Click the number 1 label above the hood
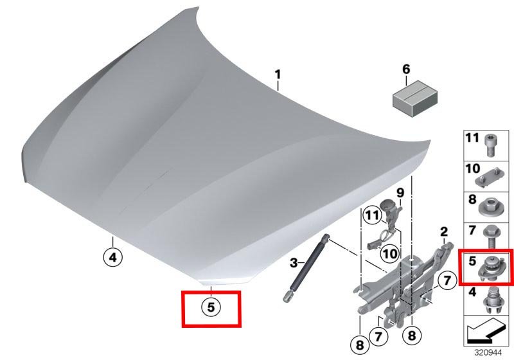pos(278,75)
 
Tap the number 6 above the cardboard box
pos(406,69)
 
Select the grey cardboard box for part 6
pos(415,98)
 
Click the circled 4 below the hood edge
pos(113,257)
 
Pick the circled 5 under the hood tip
pos(211,307)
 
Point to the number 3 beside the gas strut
pos(294,263)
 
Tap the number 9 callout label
pos(400,193)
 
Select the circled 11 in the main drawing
pos(372,215)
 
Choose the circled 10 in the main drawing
pos(390,253)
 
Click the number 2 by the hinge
pos(444,232)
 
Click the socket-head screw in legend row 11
pos(490,145)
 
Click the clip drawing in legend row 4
pos(492,300)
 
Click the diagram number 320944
pos(488,353)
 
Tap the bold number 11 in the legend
pos(472,138)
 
